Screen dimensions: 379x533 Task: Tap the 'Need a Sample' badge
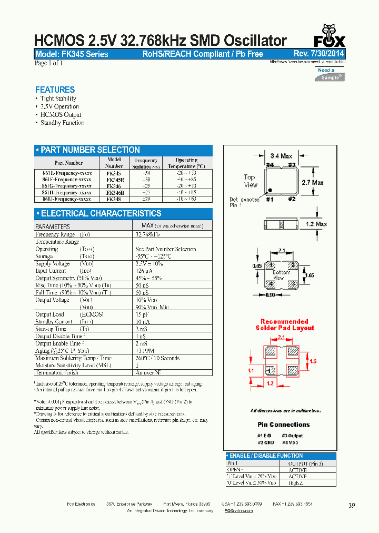[330, 74]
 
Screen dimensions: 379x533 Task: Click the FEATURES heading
[55, 90]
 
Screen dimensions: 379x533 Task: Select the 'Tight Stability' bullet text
[58, 98]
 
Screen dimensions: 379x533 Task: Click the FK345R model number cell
[114, 179]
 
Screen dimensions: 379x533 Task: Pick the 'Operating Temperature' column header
[186, 163]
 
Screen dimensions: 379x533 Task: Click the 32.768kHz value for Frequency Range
[147, 234]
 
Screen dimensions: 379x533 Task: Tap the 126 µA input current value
[144, 271]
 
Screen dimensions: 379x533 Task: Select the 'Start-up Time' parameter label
[51, 329]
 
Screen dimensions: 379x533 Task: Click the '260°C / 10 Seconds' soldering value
[157, 358]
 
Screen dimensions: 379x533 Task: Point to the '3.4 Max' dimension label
[281, 156]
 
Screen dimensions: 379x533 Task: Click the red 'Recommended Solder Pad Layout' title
[284, 324]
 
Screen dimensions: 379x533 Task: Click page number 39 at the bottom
[352, 505]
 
